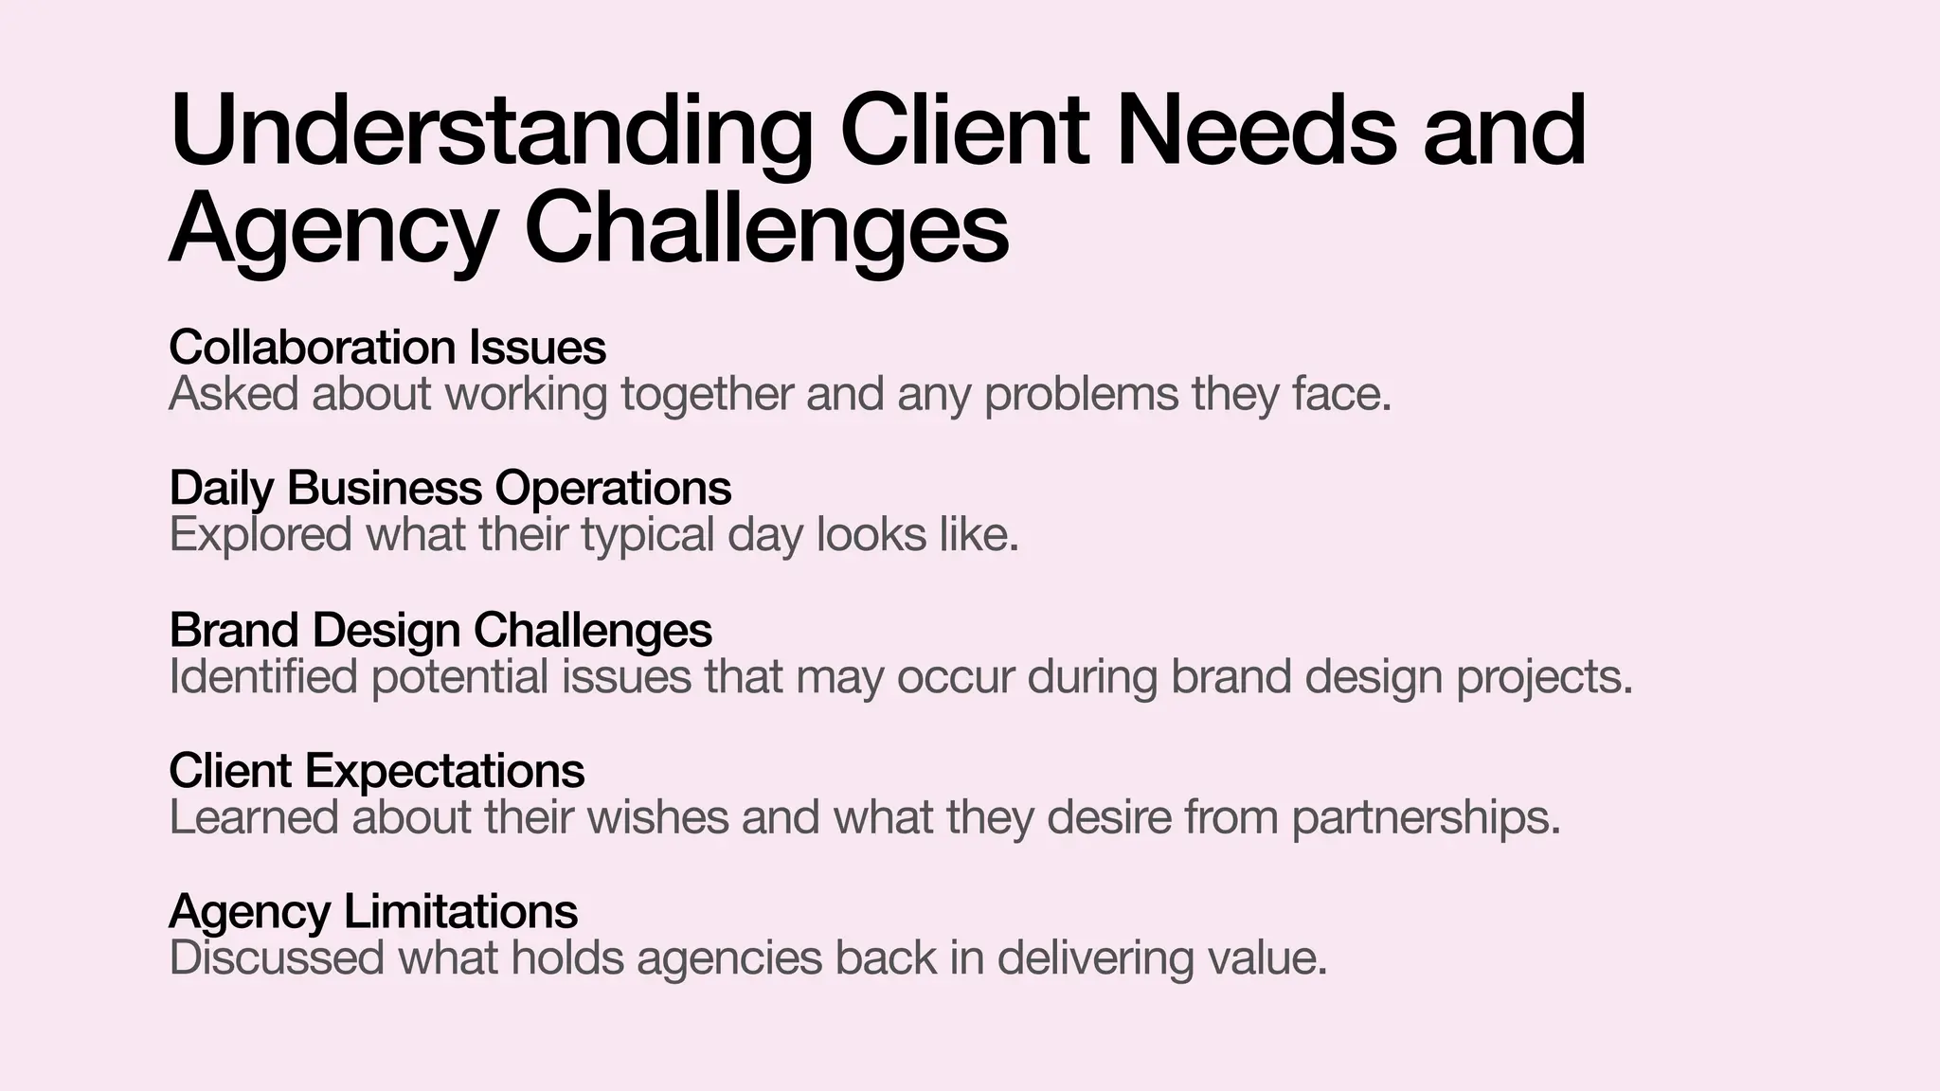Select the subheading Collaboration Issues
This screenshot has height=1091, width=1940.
click(x=387, y=348)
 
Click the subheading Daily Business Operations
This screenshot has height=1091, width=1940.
click(x=450, y=489)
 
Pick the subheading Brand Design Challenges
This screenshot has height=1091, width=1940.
click(x=440, y=630)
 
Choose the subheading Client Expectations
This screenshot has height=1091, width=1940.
click(x=377, y=771)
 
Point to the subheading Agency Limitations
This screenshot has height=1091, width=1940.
click(x=373, y=912)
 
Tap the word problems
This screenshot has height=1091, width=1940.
click(x=1081, y=394)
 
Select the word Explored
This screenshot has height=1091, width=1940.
click(x=260, y=535)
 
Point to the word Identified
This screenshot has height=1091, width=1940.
click(x=263, y=677)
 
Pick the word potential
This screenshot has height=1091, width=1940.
click(x=459, y=678)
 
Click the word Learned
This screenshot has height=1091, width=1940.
click(x=253, y=817)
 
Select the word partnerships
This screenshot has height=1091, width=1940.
click(x=1426, y=818)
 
